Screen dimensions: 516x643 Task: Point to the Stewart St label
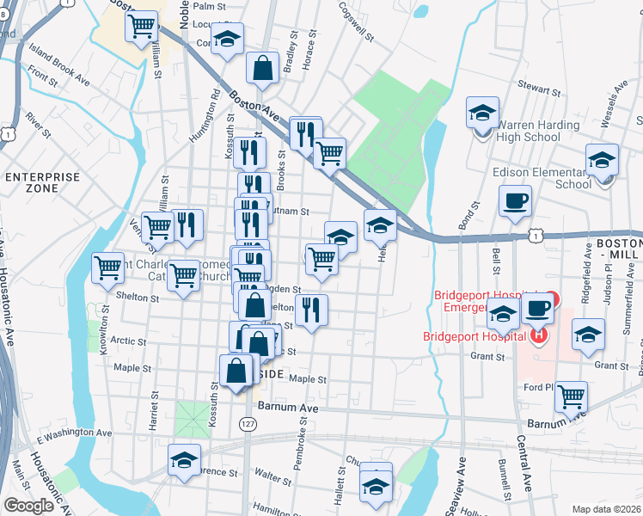click(539, 88)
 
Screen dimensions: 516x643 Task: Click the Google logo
click(28, 506)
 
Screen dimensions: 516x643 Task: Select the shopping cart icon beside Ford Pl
click(571, 396)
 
